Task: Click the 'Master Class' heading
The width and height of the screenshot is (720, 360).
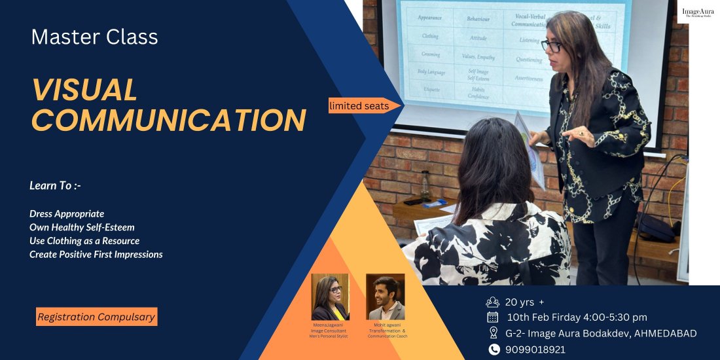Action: pyautogui.click(x=94, y=37)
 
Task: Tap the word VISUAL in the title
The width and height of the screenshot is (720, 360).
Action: pyautogui.click(x=84, y=90)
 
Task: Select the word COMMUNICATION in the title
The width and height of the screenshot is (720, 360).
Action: pyautogui.click(x=169, y=120)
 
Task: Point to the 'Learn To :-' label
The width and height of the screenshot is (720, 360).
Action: pyautogui.click(x=55, y=186)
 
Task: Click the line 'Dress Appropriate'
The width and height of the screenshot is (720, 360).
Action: pyautogui.click(x=67, y=214)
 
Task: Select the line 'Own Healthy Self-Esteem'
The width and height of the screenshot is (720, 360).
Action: pyautogui.click(x=82, y=227)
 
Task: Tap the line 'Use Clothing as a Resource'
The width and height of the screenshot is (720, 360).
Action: pyautogui.click(x=84, y=241)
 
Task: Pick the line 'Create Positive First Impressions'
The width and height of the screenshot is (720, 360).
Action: pyautogui.click(x=96, y=254)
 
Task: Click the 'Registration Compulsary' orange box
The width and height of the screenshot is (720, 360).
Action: pyautogui.click(x=96, y=317)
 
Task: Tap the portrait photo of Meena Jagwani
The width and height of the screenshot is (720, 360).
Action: pyautogui.click(x=330, y=297)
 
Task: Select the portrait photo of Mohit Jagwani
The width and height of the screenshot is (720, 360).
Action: pyautogui.click(x=385, y=297)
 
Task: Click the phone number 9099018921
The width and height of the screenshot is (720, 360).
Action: pyautogui.click(x=535, y=350)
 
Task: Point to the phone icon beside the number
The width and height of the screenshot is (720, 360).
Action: pyautogui.click(x=493, y=350)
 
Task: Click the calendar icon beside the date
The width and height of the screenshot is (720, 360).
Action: pyautogui.click(x=493, y=317)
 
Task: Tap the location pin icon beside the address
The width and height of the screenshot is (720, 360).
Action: pyautogui.click(x=493, y=333)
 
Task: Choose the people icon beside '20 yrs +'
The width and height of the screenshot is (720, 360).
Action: pyautogui.click(x=493, y=302)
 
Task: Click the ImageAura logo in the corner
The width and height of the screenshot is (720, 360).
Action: pyautogui.click(x=698, y=12)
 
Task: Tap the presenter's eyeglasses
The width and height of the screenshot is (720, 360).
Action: pyautogui.click(x=551, y=46)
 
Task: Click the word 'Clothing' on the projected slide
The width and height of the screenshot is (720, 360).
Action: pyautogui.click(x=429, y=36)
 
